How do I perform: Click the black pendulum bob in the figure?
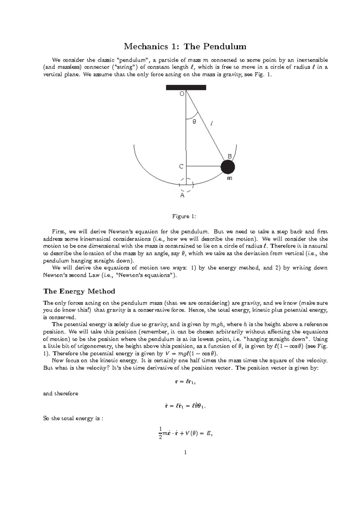pyautogui.click(x=228, y=167)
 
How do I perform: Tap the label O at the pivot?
pyautogui.click(x=181, y=94)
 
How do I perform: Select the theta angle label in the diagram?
pyautogui.click(x=194, y=122)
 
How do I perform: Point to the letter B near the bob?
pyautogui.click(x=229, y=156)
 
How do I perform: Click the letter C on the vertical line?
pyautogui.click(x=181, y=166)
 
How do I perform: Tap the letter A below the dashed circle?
pyautogui.click(x=182, y=195)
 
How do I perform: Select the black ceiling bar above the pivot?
pyautogui.click(x=186, y=88)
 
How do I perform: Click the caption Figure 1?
pyautogui.click(x=181, y=216)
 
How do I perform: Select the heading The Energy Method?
pyautogui.click(x=79, y=291)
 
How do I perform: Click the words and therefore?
pyautogui.click(x=61, y=394)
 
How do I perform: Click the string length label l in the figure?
pyautogui.click(x=212, y=124)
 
